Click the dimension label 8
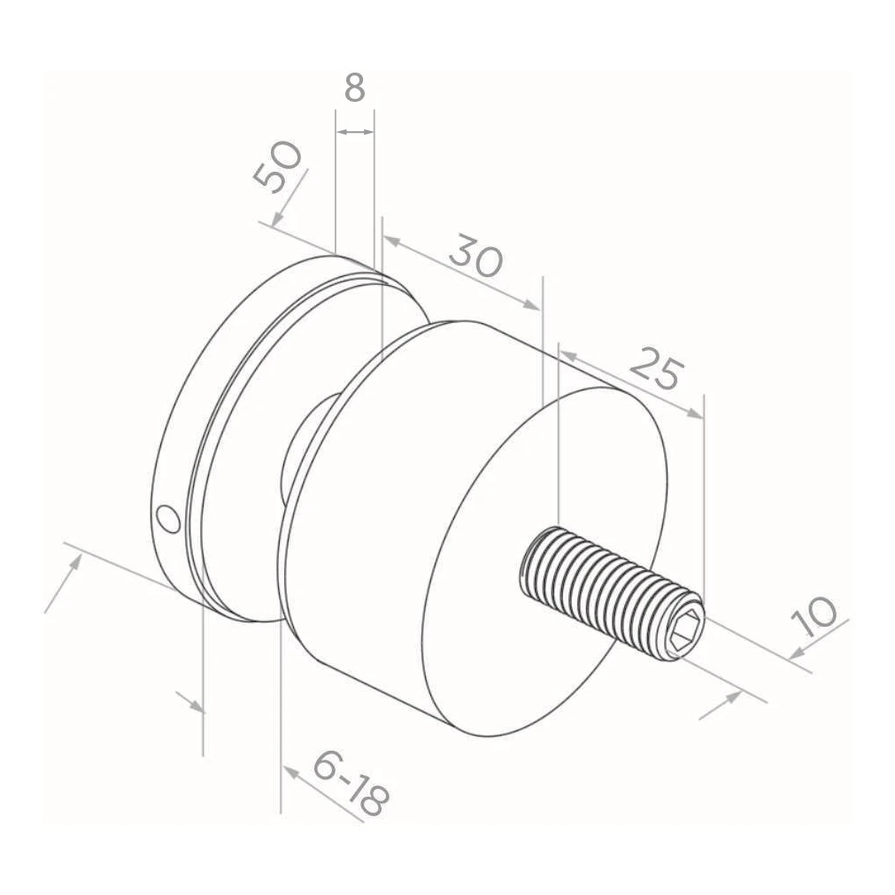[354, 89]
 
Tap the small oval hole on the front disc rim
[169, 518]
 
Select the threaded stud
[612, 593]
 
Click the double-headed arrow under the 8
[355, 133]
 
